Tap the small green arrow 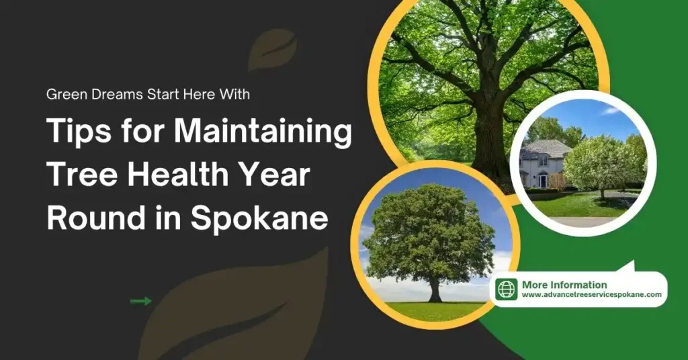pyautogui.click(x=140, y=302)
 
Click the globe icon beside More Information pyautogui.click(x=507, y=289)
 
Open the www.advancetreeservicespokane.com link pyautogui.click(x=592, y=295)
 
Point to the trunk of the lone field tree pyautogui.click(x=435, y=291)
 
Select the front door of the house pyautogui.click(x=542, y=180)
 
